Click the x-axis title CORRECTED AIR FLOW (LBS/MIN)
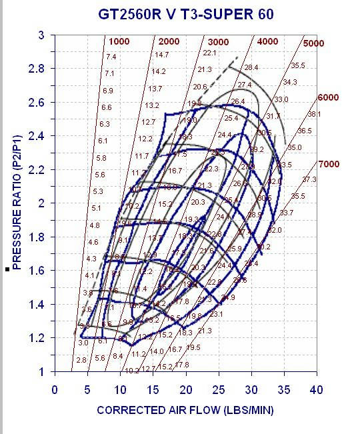(185, 410)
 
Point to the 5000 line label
(313, 44)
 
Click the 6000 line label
(328, 97)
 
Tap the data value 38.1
(314, 114)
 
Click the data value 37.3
(309, 179)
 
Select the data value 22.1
(210, 53)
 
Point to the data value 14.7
(161, 55)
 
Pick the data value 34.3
(289, 83)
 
